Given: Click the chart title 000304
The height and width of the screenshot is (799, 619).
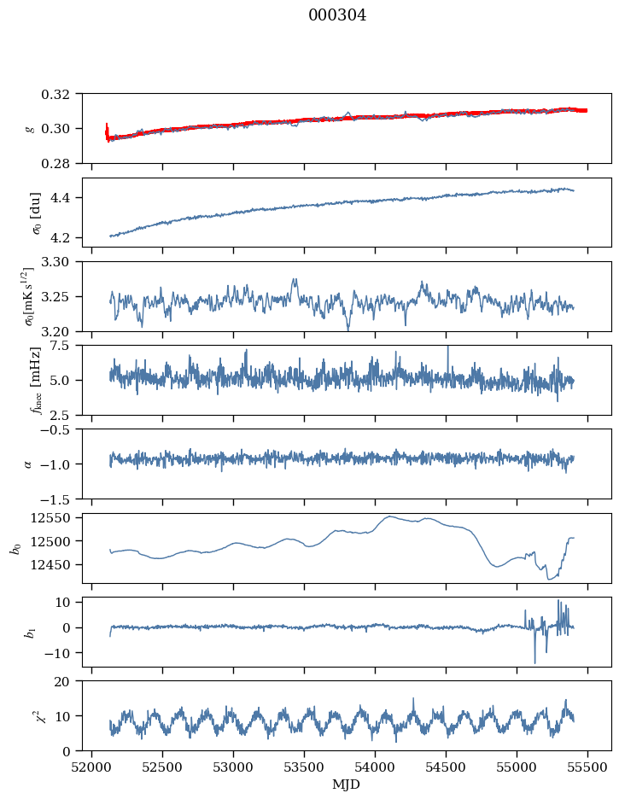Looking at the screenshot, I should coord(337,15).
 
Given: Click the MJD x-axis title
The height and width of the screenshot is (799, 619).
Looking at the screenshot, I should coord(347,784).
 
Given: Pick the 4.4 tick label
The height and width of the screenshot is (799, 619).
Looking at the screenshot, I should coord(68,198).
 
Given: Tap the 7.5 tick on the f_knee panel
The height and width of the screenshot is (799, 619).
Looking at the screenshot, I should coord(68,345).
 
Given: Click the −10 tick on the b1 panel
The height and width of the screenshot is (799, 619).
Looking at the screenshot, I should coord(62,653).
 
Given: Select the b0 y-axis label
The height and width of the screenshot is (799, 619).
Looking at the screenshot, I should coord(15,547).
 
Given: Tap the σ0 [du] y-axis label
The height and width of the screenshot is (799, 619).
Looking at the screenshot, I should coord(34,212).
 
